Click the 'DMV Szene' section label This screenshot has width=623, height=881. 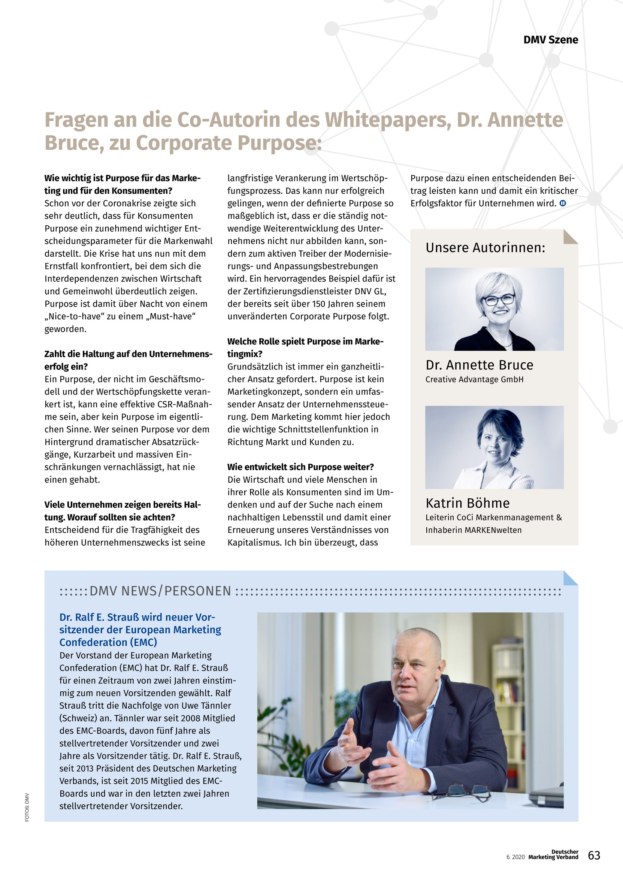click(x=550, y=40)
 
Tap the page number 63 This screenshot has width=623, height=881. click(x=594, y=855)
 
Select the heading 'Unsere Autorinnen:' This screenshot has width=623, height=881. click(x=485, y=248)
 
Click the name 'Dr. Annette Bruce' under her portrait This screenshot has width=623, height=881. click(x=479, y=365)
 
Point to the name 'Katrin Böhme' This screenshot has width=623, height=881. click(x=467, y=503)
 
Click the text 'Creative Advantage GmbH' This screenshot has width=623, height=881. click(x=474, y=380)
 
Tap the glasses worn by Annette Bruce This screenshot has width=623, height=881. click(x=499, y=299)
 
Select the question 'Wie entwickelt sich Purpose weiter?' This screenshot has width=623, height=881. click(x=300, y=467)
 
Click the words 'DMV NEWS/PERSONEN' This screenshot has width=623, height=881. click(x=160, y=591)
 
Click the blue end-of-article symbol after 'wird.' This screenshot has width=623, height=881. click(x=563, y=203)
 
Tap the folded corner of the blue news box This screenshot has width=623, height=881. click(x=571, y=578)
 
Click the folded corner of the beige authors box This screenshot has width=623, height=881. click(x=571, y=236)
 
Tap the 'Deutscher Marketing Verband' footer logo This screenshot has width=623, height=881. click(x=553, y=854)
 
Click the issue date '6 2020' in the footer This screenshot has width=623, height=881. click(x=515, y=857)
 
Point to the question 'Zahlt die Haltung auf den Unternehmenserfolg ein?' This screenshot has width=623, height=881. click(x=128, y=360)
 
